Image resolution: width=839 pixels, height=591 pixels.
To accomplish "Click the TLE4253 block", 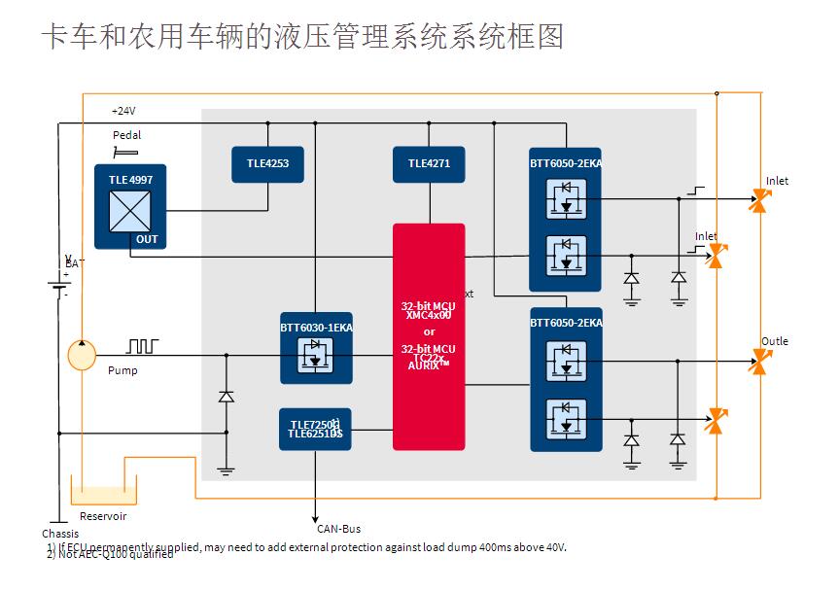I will [x=267, y=164].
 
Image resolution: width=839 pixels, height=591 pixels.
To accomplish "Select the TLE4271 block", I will [x=429, y=164].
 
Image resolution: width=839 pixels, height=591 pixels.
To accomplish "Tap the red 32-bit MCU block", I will [x=429, y=336].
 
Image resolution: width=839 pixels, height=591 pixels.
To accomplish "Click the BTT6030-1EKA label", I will [x=316, y=328].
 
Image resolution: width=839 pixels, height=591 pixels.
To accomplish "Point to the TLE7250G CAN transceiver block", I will [x=315, y=429].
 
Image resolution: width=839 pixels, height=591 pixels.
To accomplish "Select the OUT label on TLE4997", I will [x=147, y=239].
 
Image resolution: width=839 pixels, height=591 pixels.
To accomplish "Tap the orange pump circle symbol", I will [x=83, y=355].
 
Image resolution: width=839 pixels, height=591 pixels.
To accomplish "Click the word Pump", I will [x=122, y=370].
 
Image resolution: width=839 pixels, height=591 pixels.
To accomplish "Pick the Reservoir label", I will [x=103, y=516].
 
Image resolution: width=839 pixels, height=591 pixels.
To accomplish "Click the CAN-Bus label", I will [x=338, y=529].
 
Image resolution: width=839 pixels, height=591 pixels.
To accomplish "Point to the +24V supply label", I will [x=123, y=111].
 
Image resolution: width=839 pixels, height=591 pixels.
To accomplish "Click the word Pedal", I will [x=126, y=135].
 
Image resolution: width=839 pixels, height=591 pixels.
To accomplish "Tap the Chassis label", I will [x=60, y=534].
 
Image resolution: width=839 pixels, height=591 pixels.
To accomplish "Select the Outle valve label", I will [x=775, y=341].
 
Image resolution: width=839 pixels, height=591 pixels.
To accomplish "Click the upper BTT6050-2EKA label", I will [x=566, y=163].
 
